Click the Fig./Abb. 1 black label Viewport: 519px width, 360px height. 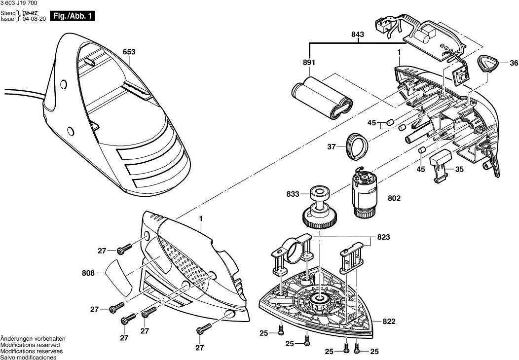(74, 17)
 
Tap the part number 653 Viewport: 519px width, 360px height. (129, 52)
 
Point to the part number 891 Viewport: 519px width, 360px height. (309, 63)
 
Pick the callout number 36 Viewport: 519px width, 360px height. (514, 63)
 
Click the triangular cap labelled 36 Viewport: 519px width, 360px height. (488, 64)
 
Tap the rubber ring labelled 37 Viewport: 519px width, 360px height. (357, 145)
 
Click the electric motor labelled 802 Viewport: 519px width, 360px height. (365, 192)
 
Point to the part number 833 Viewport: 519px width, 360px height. (293, 194)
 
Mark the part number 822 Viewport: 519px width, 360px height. (389, 321)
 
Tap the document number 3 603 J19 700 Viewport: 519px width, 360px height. (23, 4)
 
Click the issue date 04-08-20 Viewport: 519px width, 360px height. (32, 19)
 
